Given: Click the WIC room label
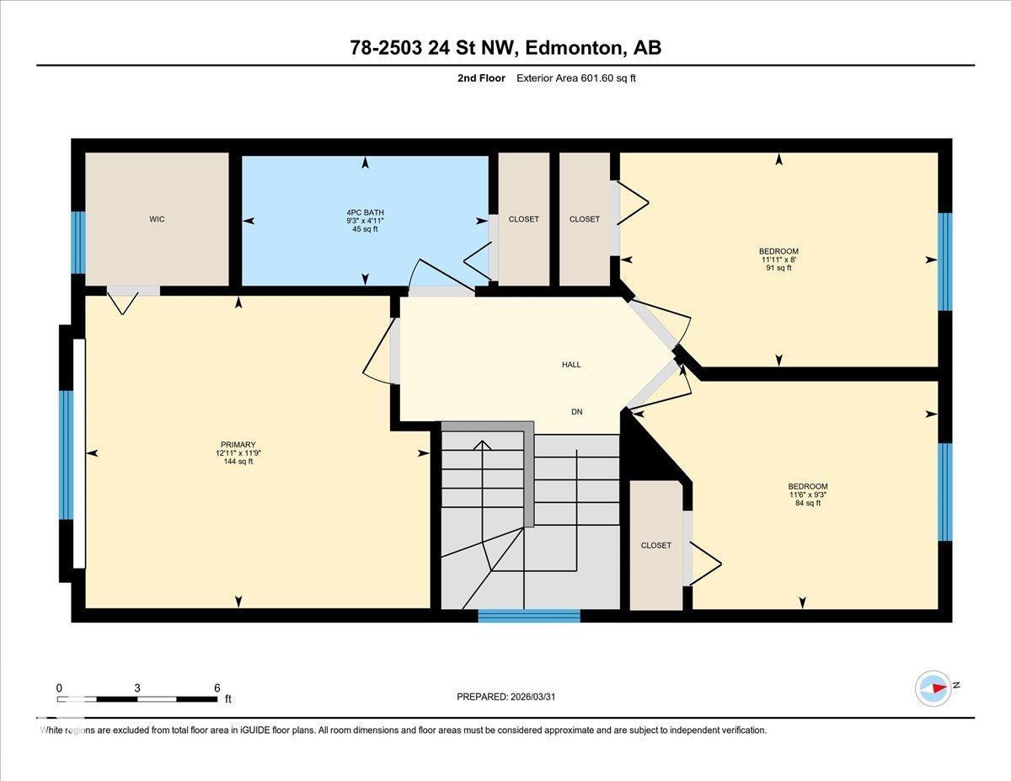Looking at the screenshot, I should click(157, 219).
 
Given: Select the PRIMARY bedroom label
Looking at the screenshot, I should click(238, 445).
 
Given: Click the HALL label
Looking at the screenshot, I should click(571, 365).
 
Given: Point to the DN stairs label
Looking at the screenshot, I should click(576, 412).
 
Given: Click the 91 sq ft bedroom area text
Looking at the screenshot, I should click(778, 268).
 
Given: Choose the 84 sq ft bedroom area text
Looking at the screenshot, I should click(807, 503).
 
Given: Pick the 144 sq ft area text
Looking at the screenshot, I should click(238, 461).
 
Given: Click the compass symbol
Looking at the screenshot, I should click(933, 687).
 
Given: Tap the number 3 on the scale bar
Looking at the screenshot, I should click(137, 687).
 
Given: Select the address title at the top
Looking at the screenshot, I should click(505, 48).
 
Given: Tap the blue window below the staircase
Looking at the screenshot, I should click(529, 616).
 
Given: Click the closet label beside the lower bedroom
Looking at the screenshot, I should click(655, 545).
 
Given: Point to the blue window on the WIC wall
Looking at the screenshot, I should click(78, 243).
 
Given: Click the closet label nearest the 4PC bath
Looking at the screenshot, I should click(523, 219).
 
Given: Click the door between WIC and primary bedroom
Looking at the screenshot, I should click(132, 292).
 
